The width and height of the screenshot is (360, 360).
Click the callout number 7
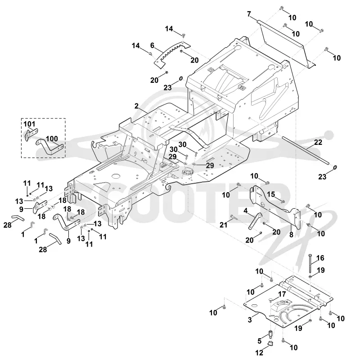[249, 14]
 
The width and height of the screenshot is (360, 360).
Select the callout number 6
[152, 45]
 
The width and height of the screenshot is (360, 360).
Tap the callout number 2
[137, 106]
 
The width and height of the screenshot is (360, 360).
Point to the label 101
[29, 124]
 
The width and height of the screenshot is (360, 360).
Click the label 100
[52, 139]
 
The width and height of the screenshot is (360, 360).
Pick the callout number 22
[318, 142]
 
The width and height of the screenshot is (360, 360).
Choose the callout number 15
[271, 194]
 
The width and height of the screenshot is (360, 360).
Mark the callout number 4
[246, 210]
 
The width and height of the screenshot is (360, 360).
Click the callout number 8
[291, 234]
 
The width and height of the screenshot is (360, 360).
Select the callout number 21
[224, 225]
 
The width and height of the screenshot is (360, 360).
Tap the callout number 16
[320, 258]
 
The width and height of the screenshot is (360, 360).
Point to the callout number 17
[282, 294]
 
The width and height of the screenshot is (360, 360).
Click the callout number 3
[250, 320]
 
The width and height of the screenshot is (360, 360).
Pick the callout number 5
[260, 341]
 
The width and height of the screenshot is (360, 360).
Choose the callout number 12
[260, 352]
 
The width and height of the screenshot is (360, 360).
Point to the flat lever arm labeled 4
[255, 221]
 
